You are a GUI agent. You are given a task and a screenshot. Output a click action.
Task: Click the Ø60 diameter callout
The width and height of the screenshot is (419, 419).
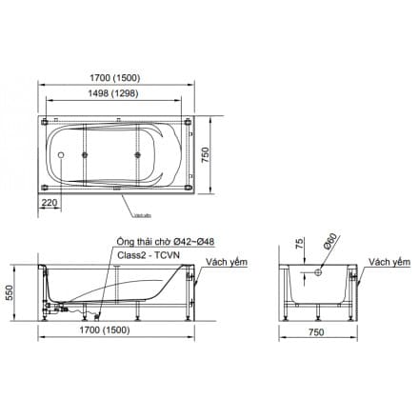pyautogui.click(x=329, y=244)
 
